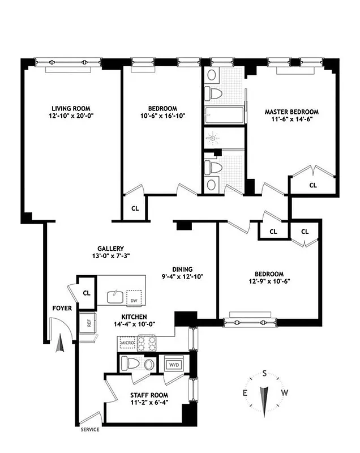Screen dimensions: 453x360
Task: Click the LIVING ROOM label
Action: [x=71, y=108]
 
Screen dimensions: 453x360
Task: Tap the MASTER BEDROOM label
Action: [x=292, y=112]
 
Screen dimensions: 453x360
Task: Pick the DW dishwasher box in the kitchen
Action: [x=134, y=300]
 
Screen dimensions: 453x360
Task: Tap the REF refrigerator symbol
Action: [x=89, y=323]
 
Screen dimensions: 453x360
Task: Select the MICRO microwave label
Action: [x=126, y=343]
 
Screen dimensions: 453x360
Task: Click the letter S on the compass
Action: [x=264, y=373]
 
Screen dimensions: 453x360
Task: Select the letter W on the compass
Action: [x=285, y=393]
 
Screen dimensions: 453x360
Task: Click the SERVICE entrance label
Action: [x=94, y=430]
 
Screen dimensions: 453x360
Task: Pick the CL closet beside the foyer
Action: [x=86, y=293]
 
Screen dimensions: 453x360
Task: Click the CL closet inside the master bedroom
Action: [x=313, y=185]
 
